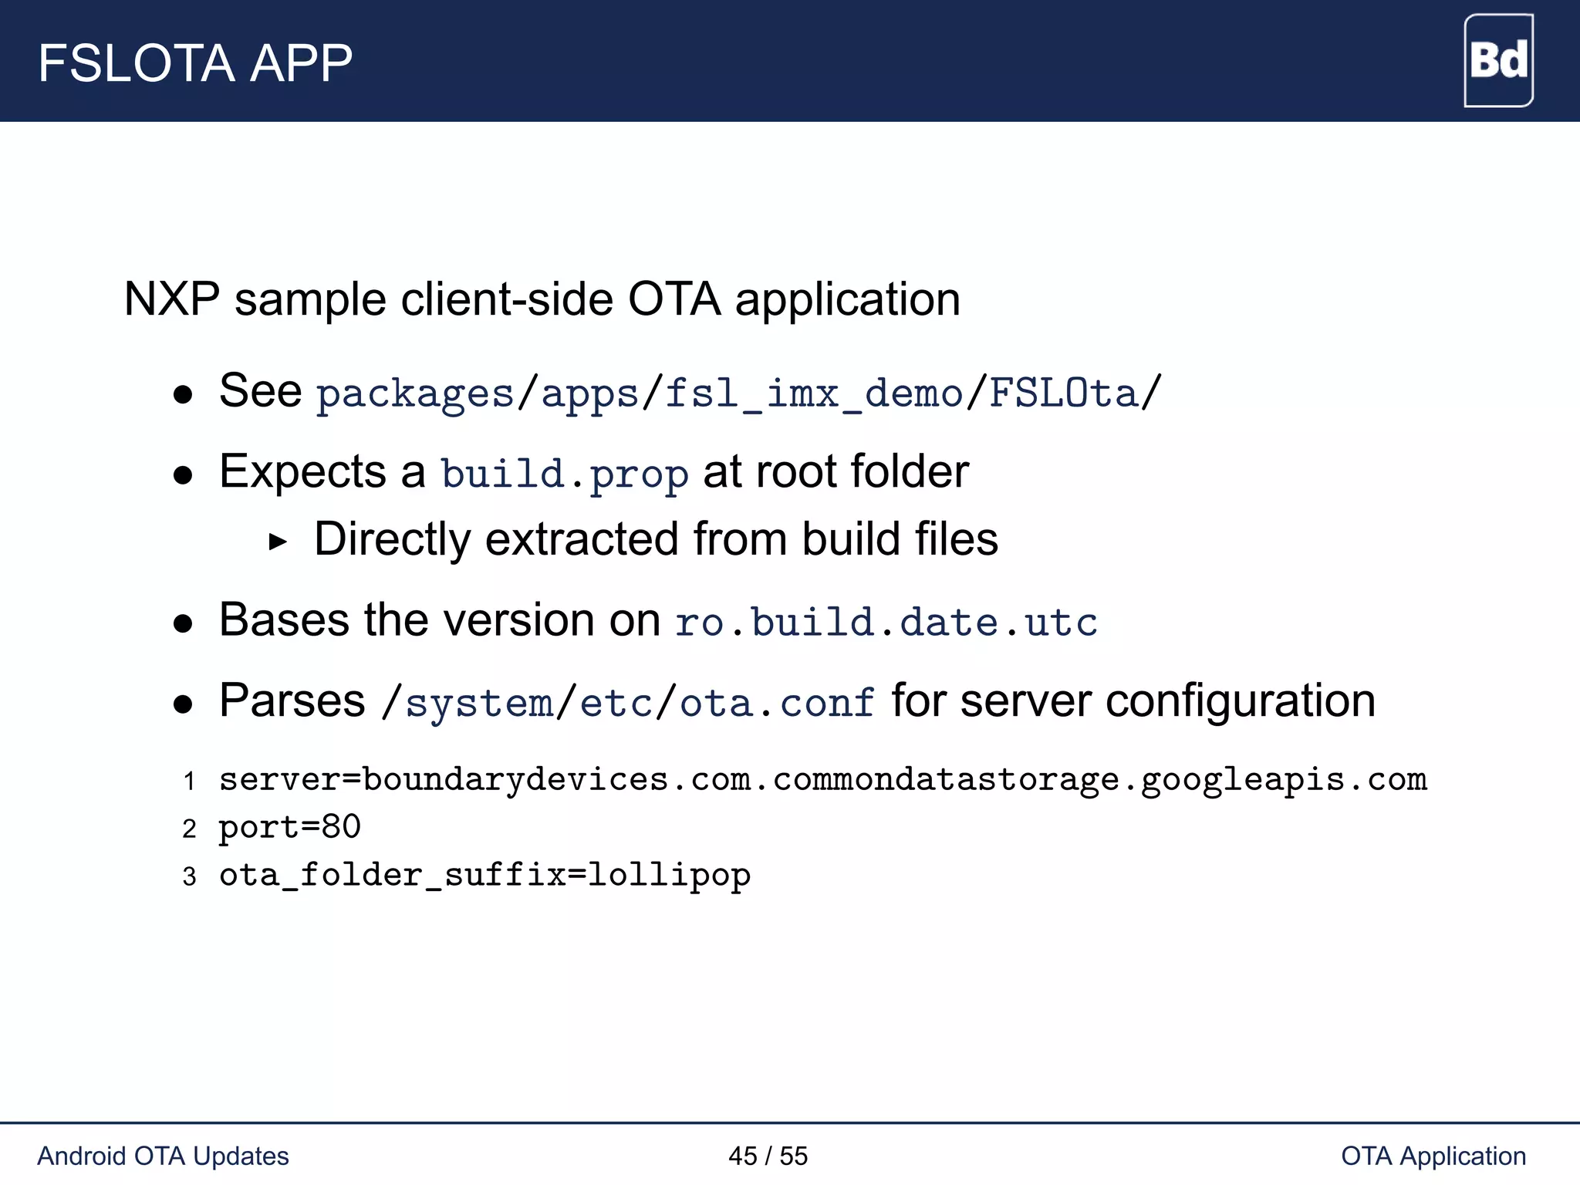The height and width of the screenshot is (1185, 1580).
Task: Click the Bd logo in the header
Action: coord(1497,60)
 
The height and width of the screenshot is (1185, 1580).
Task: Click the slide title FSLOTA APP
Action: coord(195,63)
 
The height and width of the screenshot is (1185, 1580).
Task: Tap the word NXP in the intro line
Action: coord(171,299)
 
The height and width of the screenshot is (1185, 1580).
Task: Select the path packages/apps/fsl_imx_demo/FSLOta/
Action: coord(738,393)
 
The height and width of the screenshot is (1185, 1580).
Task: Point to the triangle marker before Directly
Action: coord(278,542)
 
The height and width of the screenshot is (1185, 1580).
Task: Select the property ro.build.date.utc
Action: coord(886,623)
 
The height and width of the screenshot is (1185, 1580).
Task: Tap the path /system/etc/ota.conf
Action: coord(628,703)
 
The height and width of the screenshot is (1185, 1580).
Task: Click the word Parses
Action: coord(292,701)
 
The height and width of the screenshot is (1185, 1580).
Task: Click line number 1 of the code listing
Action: coord(189,782)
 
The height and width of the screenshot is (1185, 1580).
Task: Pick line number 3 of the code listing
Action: coord(189,877)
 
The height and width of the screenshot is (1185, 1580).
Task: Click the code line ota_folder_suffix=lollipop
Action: coord(484,876)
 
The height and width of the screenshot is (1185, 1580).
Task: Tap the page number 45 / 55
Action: coord(768,1156)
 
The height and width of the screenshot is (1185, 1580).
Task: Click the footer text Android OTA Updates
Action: coord(163,1156)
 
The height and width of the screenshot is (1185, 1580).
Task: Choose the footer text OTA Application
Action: coord(1433,1156)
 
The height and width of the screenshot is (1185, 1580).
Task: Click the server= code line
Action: coord(822,780)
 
